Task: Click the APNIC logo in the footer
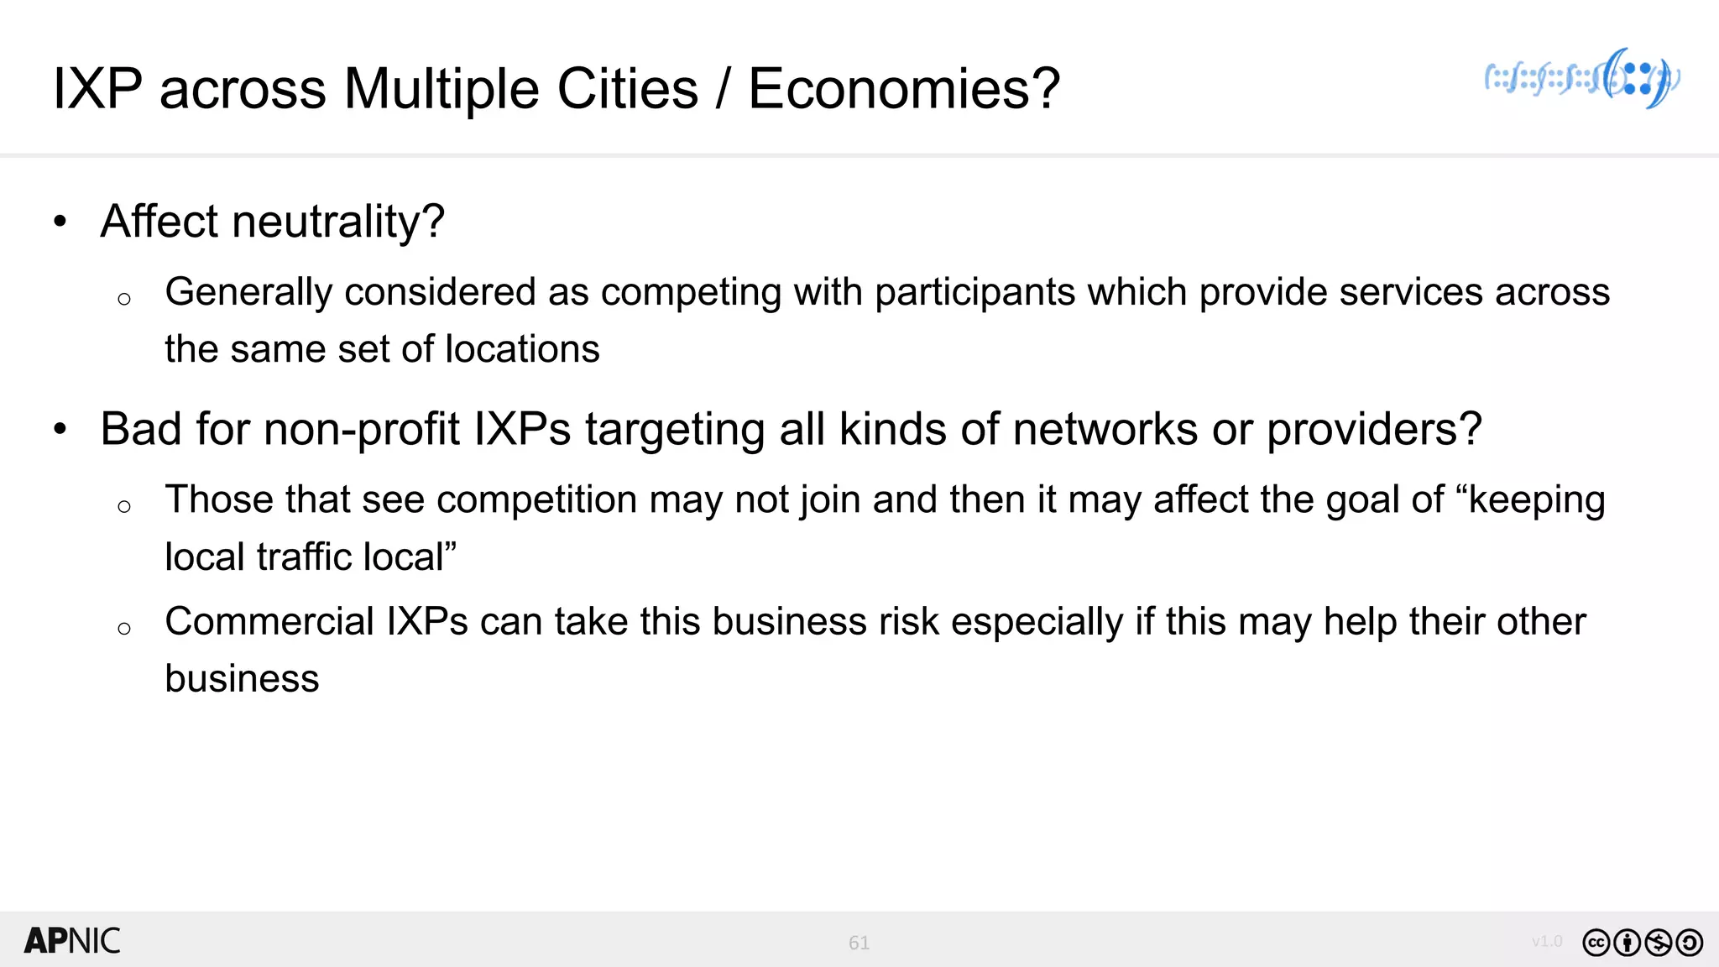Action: pos(72,941)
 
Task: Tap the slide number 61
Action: pos(859,943)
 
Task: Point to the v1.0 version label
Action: pos(1546,941)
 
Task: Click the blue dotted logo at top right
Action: pos(1582,79)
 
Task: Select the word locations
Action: pos(522,349)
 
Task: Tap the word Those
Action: pos(216,499)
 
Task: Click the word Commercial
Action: pos(269,622)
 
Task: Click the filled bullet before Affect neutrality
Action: pos(60,222)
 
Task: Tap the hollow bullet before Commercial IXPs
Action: pos(124,628)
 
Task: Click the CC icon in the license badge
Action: pos(1596,943)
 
